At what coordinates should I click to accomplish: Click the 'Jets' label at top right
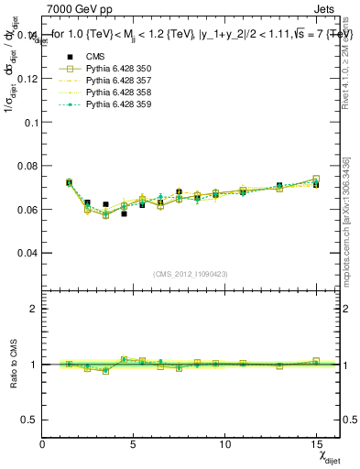(326, 10)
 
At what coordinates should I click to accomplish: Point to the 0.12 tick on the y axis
(27, 79)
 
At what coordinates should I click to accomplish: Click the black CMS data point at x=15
(316, 184)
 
